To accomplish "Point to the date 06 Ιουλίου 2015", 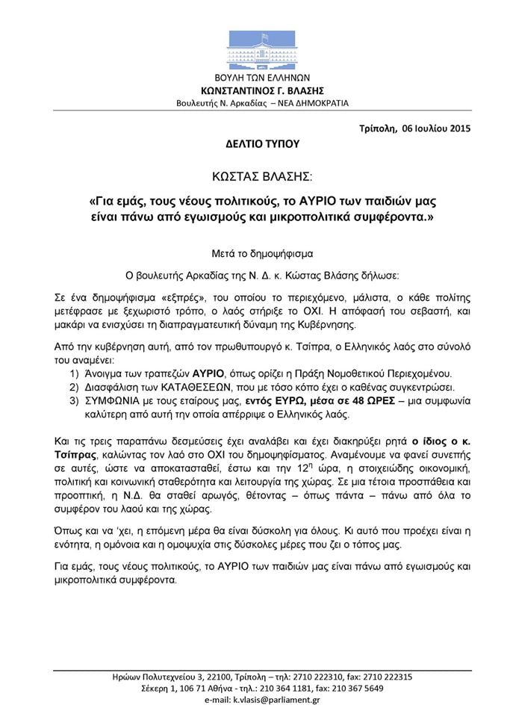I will pyautogui.click(x=436, y=128).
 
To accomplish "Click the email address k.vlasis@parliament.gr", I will pyautogui.click(x=281, y=701).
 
